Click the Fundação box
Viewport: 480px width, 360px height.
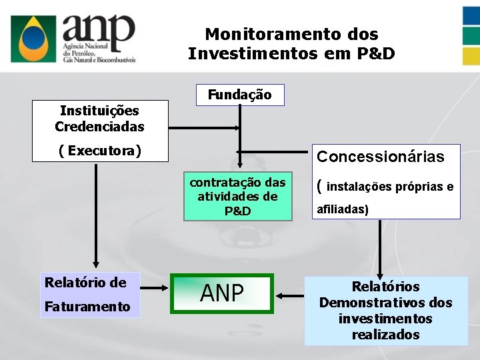[239, 95]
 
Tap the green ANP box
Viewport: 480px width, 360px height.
[222, 293]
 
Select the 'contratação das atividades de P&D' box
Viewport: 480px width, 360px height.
[238, 197]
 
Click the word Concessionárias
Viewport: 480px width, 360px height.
[380, 157]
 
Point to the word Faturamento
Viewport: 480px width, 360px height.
[87, 306]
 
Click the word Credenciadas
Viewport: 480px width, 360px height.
[99, 126]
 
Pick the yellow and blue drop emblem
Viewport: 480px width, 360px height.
[37, 38]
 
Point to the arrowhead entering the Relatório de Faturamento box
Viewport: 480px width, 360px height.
[97, 267]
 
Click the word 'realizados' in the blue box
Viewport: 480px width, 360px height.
[385, 334]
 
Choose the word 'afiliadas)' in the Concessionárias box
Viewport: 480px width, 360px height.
[343, 209]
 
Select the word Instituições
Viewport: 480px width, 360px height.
[99, 110]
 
